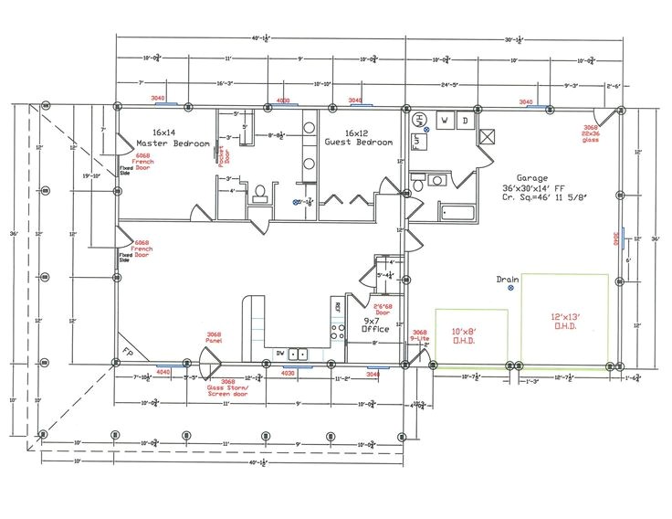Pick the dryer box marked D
point(464,120)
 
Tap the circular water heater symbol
point(421,120)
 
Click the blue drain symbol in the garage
point(511,288)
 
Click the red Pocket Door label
point(222,142)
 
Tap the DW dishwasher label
point(281,353)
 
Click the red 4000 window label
point(283,101)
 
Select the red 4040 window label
point(163,373)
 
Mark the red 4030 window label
point(288,373)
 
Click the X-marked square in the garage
point(488,137)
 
